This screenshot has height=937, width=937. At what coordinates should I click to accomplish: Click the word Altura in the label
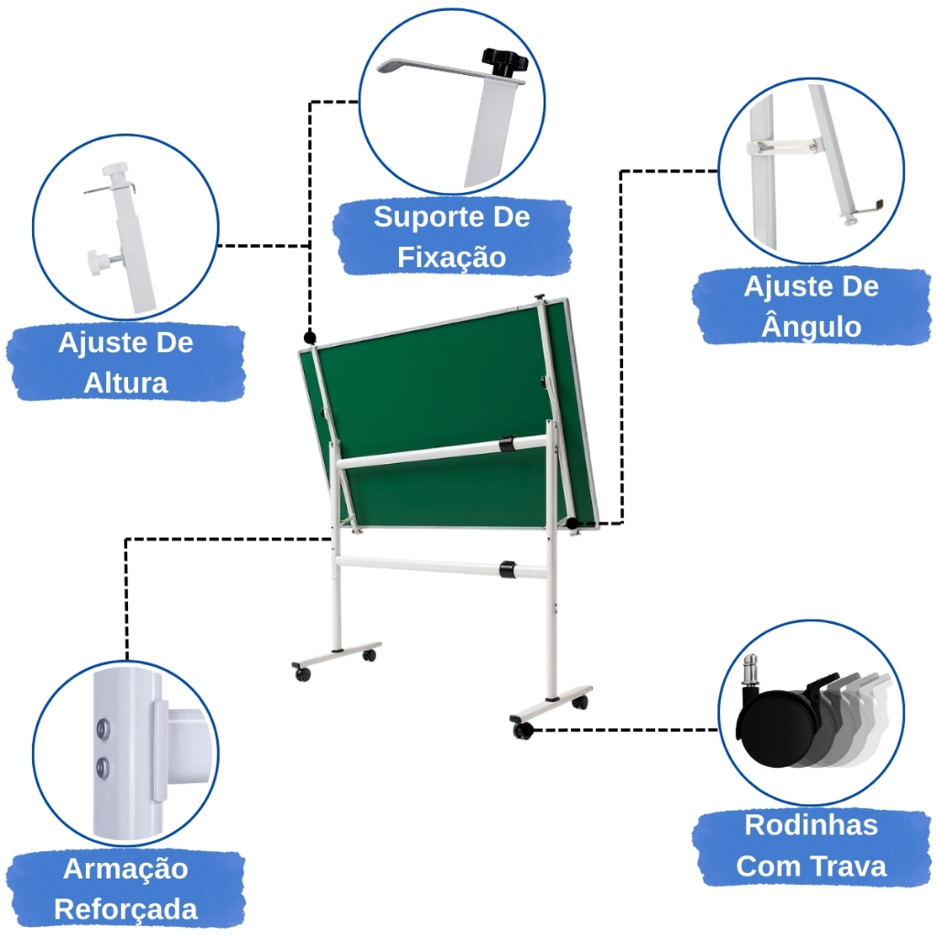(125, 382)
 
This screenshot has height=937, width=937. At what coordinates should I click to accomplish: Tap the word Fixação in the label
(452, 257)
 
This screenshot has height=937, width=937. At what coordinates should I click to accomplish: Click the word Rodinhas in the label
(811, 825)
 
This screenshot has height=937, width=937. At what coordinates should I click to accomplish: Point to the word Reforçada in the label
(125, 909)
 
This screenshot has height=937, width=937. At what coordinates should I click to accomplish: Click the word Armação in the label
(125, 869)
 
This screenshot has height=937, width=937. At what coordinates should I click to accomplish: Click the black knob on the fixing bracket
(504, 61)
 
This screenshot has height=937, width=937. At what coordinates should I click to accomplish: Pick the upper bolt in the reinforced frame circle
(102, 728)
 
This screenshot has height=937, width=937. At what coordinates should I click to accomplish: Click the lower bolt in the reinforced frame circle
(102, 767)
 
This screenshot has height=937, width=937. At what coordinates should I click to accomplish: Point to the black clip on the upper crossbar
(507, 444)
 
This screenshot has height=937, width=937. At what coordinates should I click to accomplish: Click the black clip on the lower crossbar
(508, 569)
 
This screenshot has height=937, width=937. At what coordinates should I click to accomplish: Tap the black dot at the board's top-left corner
(309, 337)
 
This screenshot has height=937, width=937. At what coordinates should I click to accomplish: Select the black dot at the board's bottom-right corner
(573, 523)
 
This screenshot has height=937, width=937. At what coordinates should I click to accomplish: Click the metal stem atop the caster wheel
(750, 669)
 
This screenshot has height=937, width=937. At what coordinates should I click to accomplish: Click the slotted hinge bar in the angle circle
(783, 146)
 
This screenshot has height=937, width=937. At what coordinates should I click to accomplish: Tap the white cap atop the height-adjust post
(115, 170)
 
